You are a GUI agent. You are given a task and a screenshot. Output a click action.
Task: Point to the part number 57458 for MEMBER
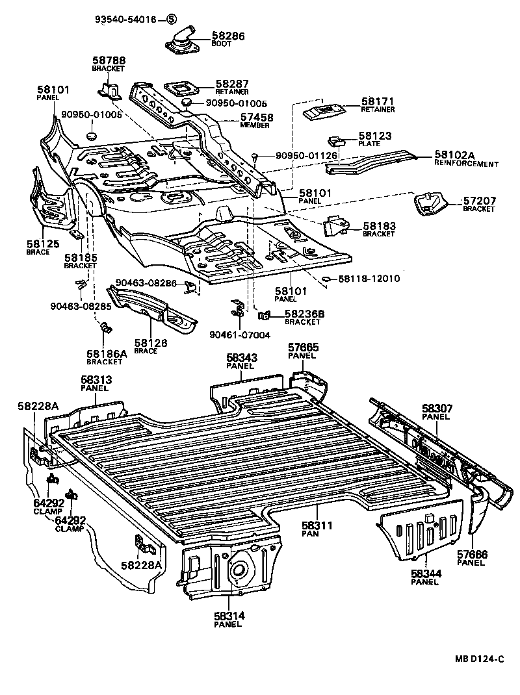click(239, 117)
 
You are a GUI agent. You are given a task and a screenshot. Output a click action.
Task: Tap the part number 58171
click(378, 102)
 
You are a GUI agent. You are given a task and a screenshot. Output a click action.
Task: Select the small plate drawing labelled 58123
click(335, 141)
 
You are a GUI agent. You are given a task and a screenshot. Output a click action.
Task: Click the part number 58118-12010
click(369, 279)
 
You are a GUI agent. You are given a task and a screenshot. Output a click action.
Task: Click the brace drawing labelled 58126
click(151, 310)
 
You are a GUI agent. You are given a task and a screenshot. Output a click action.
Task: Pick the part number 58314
click(227, 615)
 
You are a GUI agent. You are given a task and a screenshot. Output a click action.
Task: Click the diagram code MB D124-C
click(478, 659)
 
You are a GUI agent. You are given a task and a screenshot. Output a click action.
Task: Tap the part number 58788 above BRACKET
click(109, 60)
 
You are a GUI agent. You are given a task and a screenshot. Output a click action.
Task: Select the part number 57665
click(304, 348)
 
